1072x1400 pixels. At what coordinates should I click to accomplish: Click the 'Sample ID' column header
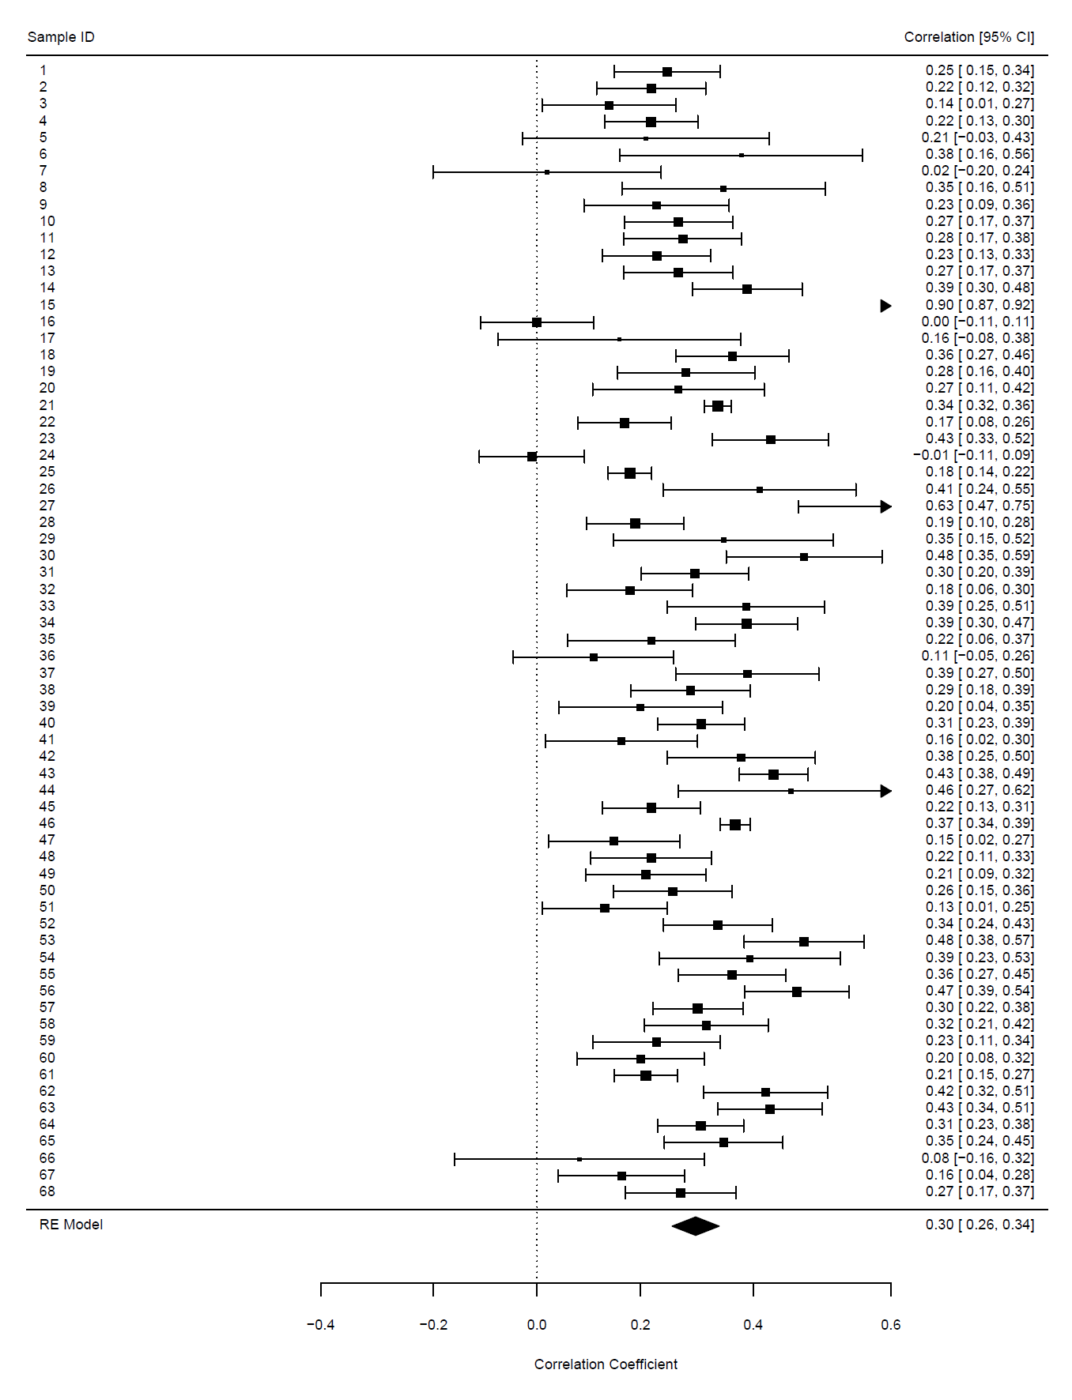(x=61, y=37)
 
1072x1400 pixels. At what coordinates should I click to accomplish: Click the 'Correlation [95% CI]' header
(x=968, y=37)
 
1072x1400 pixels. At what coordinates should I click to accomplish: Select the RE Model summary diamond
(x=696, y=1225)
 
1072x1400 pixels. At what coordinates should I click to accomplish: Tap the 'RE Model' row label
(x=71, y=1225)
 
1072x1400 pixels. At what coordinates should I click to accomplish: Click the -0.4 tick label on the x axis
(x=320, y=1325)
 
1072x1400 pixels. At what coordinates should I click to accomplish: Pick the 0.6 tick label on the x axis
(x=890, y=1325)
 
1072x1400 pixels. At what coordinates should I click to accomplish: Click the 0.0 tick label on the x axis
(x=537, y=1325)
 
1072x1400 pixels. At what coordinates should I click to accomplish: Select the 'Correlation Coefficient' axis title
(x=606, y=1364)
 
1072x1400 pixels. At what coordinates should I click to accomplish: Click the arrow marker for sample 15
(x=885, y=306)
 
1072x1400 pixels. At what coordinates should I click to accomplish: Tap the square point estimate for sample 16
(x=537, y=322)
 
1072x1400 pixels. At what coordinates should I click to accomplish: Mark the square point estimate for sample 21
(x=718, y=406)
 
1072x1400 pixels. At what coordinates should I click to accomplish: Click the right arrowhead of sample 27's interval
(x=886, y=506)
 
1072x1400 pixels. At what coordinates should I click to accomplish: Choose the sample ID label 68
(x=47, y=1191)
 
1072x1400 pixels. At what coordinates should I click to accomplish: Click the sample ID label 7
(x=43, y=171)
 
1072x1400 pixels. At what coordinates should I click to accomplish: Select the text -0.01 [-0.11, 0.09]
(x=973, y=455)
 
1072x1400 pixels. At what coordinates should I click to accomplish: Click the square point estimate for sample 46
(x=735, y=825)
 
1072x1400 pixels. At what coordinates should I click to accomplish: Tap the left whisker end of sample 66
(x=455, y=1159)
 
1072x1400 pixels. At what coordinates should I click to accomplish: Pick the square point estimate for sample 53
(x=804, y=942)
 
